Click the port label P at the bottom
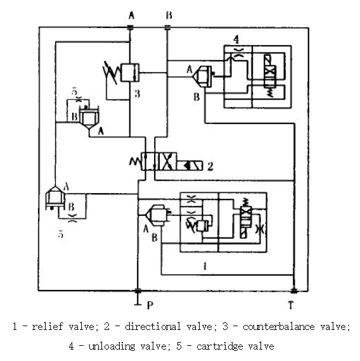[x=150, y=305]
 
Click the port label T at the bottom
[x=291, y=305]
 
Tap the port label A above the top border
[x=131, y=16]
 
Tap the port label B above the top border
[x=169, y=15]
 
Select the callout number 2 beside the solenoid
[x=210, y=166]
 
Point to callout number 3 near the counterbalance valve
[x=137, y=94]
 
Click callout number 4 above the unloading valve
[x=236, y=40]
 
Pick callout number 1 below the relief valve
[x=205, y=267]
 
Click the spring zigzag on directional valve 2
[x=135, y=162]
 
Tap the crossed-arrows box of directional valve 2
[x=168, y=161]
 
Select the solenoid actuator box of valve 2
[x=190, y=165]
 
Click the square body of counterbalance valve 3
[x=130, y=73]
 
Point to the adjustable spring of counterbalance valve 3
[x=111, y=72]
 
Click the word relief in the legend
[x=48, y=326]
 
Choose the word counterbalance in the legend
[x=279, y=327]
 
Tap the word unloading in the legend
[x=112, y=346]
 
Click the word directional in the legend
[x=153, y=326]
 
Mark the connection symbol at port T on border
[x=293, y=291]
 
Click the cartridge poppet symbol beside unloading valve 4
[x=203, y=76]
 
